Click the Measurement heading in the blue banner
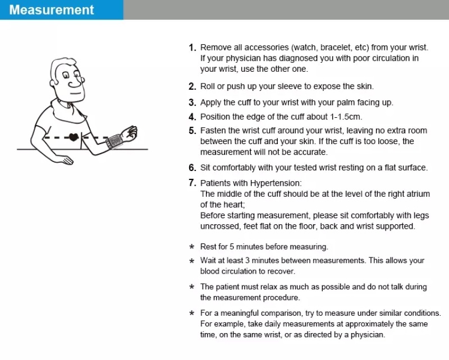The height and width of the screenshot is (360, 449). click(x=52, y=10)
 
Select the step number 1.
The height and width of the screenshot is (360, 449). click(x=193, y=48)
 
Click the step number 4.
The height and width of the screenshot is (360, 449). click(x=193, y=117)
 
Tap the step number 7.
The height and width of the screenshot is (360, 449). click(x=193, y=183)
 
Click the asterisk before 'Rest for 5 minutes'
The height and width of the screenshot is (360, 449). click(x=192, y=247)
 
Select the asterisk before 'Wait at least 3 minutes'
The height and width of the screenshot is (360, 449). click(x=192, y=261)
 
